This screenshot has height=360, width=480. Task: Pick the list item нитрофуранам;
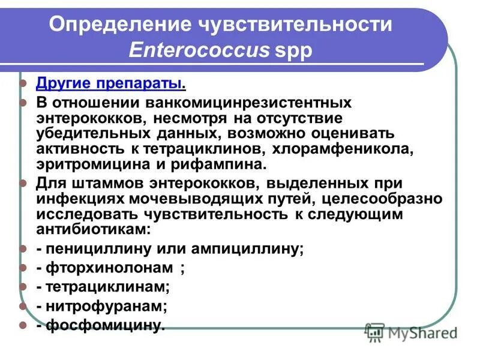point(101,306)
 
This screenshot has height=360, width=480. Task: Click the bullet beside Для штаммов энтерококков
point(24,182)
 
